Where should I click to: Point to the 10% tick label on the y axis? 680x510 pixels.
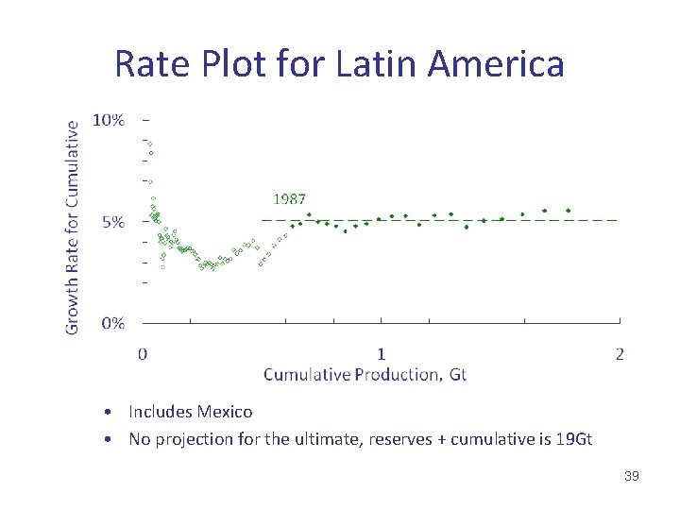109,120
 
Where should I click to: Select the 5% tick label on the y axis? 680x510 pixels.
112,223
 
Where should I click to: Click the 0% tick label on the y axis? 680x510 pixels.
112,323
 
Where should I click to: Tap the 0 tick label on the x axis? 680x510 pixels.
143,354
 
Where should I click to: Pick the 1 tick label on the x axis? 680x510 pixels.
382,354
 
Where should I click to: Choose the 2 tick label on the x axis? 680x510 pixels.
620,354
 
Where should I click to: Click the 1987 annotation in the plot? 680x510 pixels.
289,199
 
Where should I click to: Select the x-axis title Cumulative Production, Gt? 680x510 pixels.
365,375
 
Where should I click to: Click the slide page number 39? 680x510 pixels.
632,476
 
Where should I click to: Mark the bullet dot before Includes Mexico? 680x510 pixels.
110,413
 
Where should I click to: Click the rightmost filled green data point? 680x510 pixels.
568,211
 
